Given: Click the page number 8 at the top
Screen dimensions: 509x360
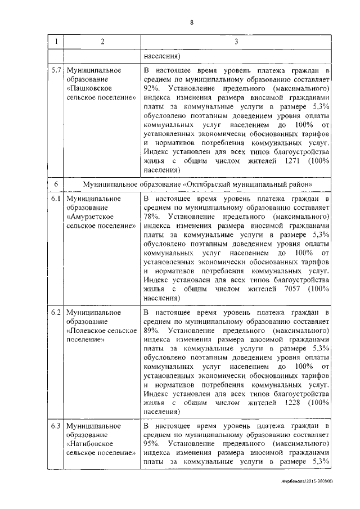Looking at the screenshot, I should (x=192, y=22).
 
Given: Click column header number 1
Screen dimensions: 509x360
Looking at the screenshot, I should (x=55, y=43).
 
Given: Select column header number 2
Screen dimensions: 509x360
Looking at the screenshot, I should (x=102, y=43).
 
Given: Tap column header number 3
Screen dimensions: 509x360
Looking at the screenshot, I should (x=236, y=43).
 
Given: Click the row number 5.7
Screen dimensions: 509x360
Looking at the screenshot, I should (x=55, y=71).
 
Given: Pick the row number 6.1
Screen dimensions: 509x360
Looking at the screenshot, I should (x=55, y=200).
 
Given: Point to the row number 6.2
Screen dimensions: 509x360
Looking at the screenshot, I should (x=55, y=312).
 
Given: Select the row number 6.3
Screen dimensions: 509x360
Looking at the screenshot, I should (x=55, y=426).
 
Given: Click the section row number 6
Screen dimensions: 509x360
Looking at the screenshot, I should (x=55, y=185).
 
